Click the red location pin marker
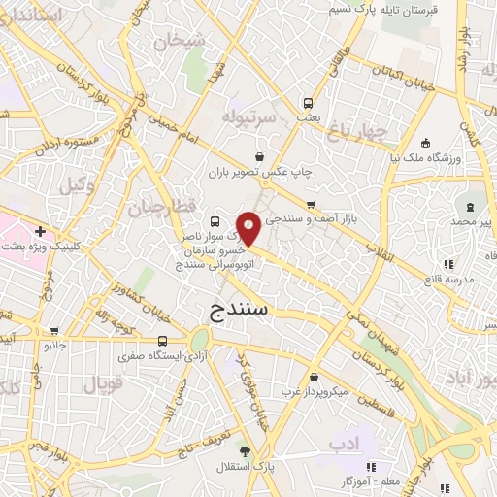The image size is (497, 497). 249,229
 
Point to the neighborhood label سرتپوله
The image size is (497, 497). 250,116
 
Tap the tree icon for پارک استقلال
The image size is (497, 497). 245,451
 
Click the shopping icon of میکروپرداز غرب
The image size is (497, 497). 313,378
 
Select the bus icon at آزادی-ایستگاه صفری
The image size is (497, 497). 163,341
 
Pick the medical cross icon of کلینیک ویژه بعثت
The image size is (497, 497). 40,232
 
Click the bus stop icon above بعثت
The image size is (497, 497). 308,102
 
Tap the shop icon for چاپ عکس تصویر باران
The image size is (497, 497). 259,157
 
